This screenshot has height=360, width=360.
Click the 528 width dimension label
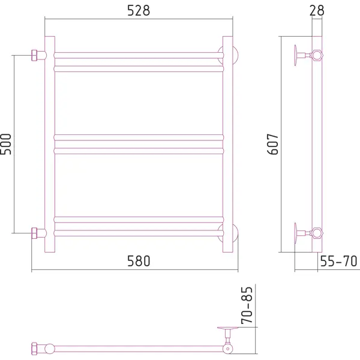click(139, 11)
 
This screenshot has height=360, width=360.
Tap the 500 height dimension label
click(6, 144)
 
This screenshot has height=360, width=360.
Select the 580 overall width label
click(139, 261)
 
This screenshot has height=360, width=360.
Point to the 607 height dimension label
click(273, 144)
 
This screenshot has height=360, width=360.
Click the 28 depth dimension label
click(317, 11)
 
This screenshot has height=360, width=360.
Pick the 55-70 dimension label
click(338, 261)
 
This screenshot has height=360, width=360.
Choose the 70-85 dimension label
click(247, 305)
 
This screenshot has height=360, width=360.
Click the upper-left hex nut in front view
click(34, 55)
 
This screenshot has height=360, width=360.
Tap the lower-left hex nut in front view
click(34, 233)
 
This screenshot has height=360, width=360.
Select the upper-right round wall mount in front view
click(235, 55)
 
